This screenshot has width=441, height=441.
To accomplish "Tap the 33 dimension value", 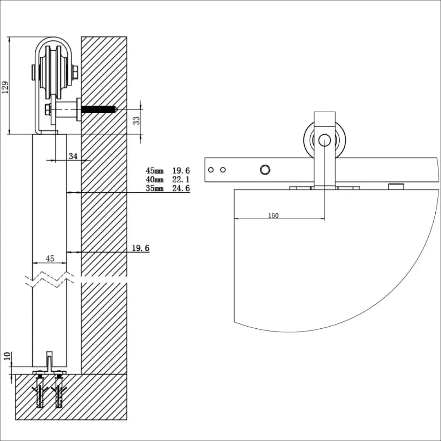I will (x=137, y=120).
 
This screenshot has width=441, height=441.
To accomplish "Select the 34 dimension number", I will (x=73, y=156).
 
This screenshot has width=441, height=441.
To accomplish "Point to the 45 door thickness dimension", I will (x=49, y=258).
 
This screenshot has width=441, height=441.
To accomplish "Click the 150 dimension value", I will (x=274, y=216).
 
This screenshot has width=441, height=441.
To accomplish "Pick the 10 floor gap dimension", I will (x=6, y=356).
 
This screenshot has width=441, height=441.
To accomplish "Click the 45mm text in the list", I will (x=155, y=171).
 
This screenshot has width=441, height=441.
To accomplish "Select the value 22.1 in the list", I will (x=181, y=180).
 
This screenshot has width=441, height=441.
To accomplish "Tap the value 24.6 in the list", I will (x=181, y=188).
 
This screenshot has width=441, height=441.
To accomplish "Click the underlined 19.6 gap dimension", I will (x=140, y=248).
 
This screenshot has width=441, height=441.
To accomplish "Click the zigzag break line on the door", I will (x=49, y=280).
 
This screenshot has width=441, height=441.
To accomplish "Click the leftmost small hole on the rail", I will (x=211, y=169).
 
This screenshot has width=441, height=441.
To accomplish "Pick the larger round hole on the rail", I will (x=265, y=169).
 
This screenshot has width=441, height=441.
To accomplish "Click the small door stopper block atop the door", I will (x=396, y=187).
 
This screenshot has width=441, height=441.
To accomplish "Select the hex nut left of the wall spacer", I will (x=48, y=110).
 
